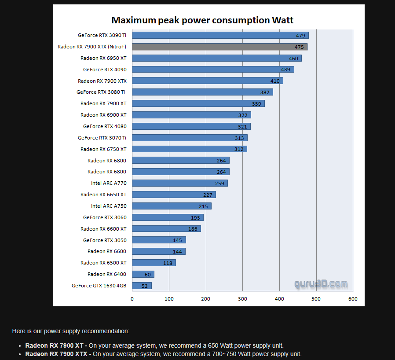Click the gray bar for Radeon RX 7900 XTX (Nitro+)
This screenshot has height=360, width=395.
pos(220,47)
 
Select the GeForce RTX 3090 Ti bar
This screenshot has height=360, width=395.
pos(220,35)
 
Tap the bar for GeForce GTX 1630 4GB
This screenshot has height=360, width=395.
pos(142,286)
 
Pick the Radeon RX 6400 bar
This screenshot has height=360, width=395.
pos(143,274)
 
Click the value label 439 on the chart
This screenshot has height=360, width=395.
pos(286,70)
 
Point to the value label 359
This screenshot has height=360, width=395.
pos(257,104)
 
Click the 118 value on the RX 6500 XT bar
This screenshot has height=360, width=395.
pos(168,263)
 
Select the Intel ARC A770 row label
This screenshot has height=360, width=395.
pos(109,183)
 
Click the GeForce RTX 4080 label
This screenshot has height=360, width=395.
pos(105,126)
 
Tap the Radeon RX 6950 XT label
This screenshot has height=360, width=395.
pos(103,58)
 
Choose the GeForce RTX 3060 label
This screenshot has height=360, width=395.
pos(105,217)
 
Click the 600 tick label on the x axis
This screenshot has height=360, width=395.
pos(353,299)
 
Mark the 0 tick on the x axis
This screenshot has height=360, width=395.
pos(132,299)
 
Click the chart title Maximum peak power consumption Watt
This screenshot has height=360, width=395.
pos(202,20)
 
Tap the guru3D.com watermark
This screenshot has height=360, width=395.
pos(321,284)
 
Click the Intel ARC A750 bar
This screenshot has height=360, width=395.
pos(172,206)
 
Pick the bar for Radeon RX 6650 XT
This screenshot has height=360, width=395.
pos(174,195)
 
